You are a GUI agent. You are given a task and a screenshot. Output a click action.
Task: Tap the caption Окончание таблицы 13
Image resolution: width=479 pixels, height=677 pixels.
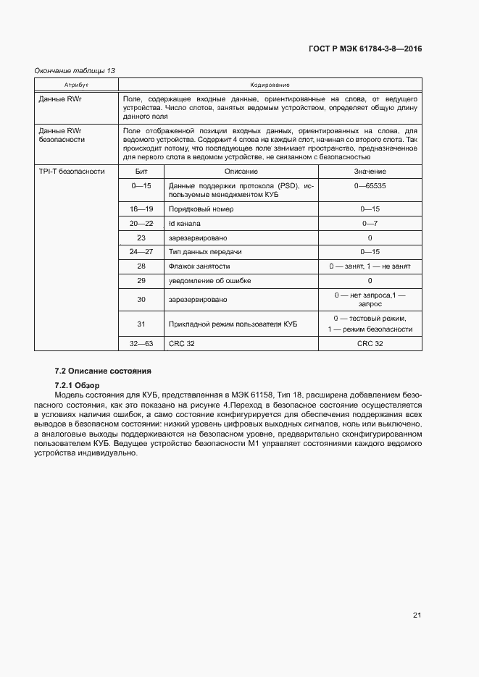coord(75,70)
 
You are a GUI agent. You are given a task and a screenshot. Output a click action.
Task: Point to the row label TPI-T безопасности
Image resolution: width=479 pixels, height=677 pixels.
coord(72,171)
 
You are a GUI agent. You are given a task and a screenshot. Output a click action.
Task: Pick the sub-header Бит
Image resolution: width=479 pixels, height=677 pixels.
coord(141,171)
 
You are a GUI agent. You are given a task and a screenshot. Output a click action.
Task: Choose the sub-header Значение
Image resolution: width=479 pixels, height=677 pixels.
coord(370,171)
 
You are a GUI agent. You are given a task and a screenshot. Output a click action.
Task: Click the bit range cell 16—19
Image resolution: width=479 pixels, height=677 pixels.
coord(141,209)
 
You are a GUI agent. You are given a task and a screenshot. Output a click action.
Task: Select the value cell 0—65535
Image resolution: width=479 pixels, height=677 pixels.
coord(370,186)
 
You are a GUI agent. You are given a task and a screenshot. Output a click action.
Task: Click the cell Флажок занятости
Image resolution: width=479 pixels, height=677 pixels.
coord(199,266)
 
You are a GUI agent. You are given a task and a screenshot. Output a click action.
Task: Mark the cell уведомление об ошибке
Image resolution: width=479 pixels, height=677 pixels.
coord(205,280)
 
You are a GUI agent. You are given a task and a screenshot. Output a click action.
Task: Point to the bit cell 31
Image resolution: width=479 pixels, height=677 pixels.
coord(141,324)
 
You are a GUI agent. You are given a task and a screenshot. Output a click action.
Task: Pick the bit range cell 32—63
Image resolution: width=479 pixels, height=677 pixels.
coord(141,343)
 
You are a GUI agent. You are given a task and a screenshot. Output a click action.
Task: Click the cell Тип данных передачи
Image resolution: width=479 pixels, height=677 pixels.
coord(204,251)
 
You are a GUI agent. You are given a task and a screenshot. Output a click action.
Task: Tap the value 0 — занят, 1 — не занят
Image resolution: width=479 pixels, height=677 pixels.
coord(370,266)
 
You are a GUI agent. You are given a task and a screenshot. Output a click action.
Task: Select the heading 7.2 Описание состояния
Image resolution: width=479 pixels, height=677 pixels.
coord(103,371)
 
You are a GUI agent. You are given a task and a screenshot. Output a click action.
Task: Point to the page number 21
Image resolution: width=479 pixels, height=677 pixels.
coord(417,615)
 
